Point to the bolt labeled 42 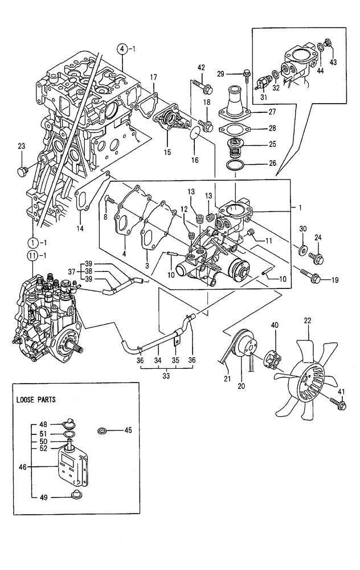(205, 88)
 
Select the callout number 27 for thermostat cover (272, 112)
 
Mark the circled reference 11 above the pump (34, 255)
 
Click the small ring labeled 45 (103, 430)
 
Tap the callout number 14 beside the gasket (80, 229)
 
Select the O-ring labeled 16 (195, 134)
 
